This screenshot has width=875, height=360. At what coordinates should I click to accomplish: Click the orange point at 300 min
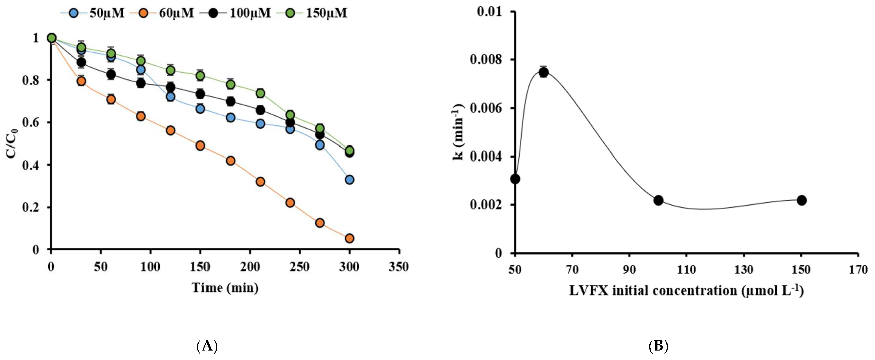(x=349, y=238)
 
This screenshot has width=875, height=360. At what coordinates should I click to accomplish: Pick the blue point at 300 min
(x=349, y=180)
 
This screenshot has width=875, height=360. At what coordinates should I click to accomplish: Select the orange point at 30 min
(x=81, y=81)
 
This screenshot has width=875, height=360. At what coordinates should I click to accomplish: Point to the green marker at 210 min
(x=260, y=93)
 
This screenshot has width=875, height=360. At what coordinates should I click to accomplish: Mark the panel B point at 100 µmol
(x=658, y=200)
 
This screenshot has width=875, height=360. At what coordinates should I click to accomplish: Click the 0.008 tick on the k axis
(x=486, y=60)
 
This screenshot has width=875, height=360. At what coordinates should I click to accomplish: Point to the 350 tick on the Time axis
(x=399, y=267)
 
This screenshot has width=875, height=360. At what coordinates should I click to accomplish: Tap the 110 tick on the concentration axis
(x=687, y=270)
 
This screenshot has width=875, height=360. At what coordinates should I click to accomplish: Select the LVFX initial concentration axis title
(x=686, y=291)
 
